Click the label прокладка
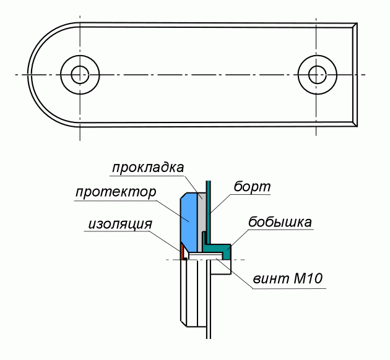click(148, 168)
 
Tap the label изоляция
click(117, 224)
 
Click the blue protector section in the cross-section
click(188, 220)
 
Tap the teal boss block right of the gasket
click(227, 251)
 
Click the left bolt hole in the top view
click(79, 74)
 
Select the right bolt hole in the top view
click(316, 74)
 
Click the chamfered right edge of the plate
click(355, 74)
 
